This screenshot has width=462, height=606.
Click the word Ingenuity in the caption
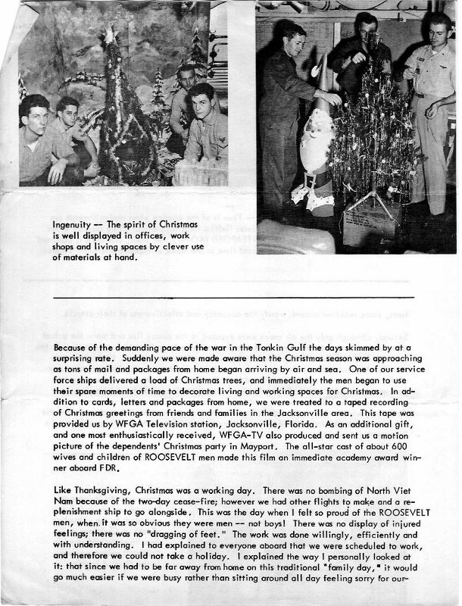click(72, 225)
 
